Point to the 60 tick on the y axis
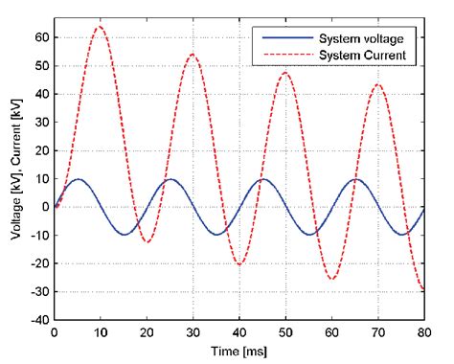point(38,37)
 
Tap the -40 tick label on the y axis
point(34,320)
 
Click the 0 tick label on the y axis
point(41,207)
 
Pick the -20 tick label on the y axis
point(34,263)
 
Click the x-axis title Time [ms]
point(238,352)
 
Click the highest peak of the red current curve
point(99,27)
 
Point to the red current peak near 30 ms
point(192,54)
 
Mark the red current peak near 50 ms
point(284,73)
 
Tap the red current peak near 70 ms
point(377,84)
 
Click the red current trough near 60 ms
point(331,279)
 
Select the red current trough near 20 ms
point(146,241)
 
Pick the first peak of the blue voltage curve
point(77,179)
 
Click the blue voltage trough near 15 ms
point(123,235)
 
